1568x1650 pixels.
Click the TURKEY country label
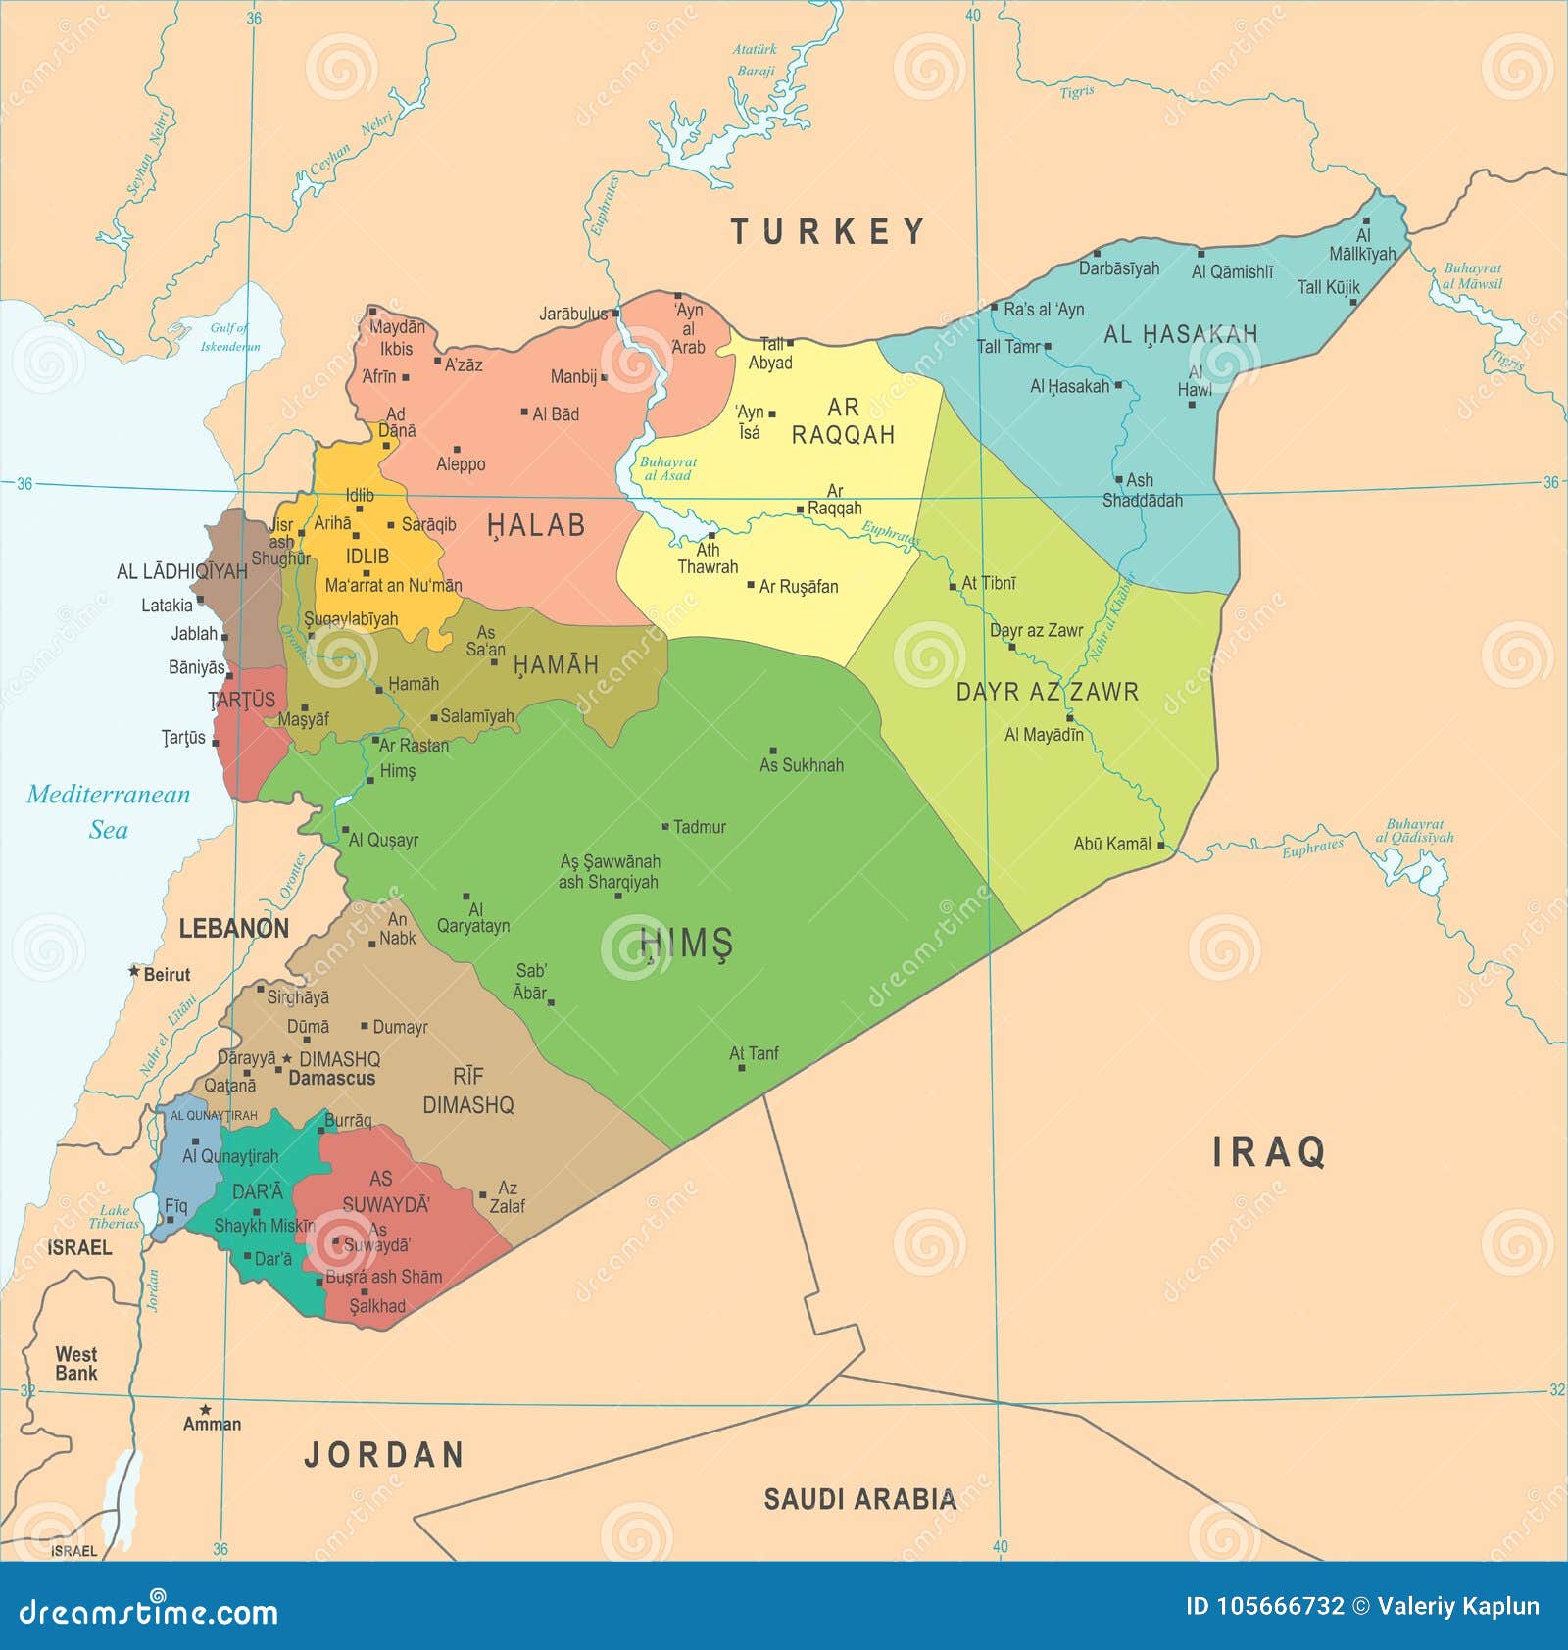828,232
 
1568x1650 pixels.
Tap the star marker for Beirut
134,971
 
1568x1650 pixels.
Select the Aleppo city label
461,464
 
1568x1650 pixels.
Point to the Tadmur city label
700,827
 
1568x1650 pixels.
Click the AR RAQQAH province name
843,421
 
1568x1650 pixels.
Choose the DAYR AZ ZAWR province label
1047,692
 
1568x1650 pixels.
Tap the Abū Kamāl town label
1112,844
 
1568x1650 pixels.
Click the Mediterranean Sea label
108,811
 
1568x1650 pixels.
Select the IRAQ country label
1269,1152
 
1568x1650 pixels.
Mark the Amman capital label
212,1424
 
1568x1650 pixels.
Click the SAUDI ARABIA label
859,1499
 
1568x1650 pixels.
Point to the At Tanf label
754,1053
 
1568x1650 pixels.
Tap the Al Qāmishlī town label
1232,271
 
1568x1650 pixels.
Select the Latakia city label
167,606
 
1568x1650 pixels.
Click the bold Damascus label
332,1078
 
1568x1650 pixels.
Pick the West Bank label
76,1363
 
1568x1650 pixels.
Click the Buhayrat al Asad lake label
668,468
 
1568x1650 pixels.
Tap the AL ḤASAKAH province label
1180,335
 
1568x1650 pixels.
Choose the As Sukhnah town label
801,765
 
